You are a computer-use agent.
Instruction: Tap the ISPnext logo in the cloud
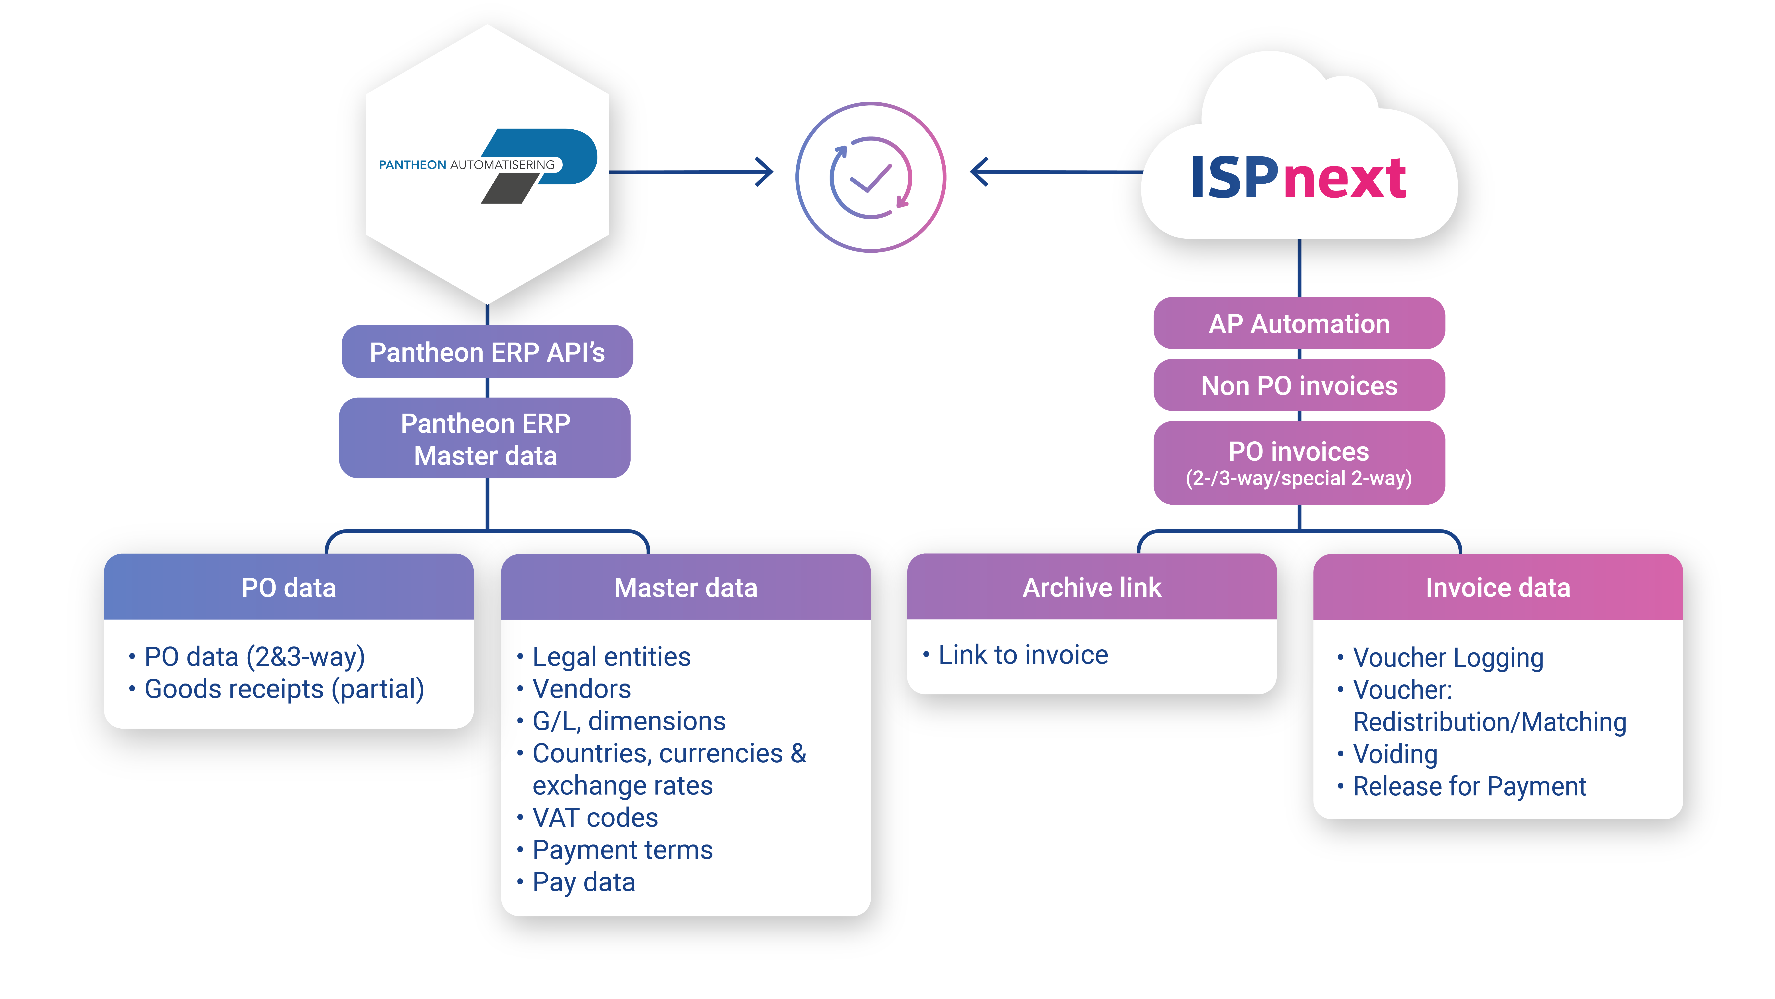pyautogui.click(x=1298, y=178)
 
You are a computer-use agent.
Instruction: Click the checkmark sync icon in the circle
pyautogui.click(x=871, y=177)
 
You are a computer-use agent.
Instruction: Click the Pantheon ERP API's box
pyautogui.click(x=487, y=352)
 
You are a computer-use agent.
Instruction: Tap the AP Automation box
pyautogui.click(x=1299, y=323)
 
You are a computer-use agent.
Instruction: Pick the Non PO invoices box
pyautogui.click(x=1299, y=385)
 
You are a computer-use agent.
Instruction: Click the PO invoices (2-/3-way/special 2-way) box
pyautogui.click(x=1299, y=463)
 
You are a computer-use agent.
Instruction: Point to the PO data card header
pyautogui.click(x=289, y=587)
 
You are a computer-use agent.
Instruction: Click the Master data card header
pyautogui.click(x=686, y=587)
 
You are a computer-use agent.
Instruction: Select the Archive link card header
pyautogui.click(x=1091, y=587)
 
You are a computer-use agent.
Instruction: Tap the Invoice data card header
pyautogui.click(x=1498, y=587)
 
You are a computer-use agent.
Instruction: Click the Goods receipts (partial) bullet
pyautogui.click(x=284, y=689)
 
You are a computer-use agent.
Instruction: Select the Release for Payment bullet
pyautogui.click(x=1469, y=786)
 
